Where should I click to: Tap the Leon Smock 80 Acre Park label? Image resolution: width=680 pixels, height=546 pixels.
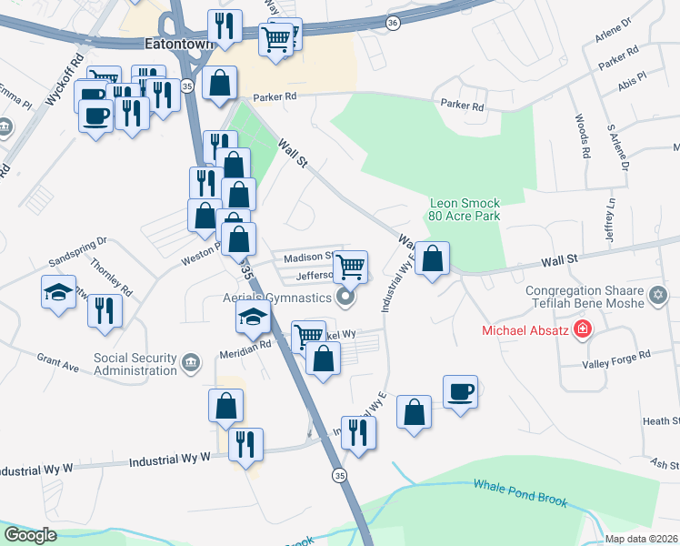coord(465,210)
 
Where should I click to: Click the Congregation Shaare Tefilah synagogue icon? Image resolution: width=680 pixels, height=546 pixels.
coord(659,295)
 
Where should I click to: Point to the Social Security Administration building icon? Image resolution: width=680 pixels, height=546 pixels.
coord(190,364)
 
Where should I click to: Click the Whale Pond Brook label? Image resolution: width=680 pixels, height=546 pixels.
coord(520,493)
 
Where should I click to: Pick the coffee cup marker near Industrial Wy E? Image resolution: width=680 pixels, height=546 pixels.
coord(461,391)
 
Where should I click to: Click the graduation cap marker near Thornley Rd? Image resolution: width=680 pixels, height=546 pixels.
coord(59,292)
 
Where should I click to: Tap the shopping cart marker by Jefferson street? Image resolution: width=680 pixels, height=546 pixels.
coord(350,267)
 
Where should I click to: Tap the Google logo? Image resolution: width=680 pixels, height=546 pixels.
coord(30,535)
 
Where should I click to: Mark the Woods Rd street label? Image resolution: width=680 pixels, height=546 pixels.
coord(582,133)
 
